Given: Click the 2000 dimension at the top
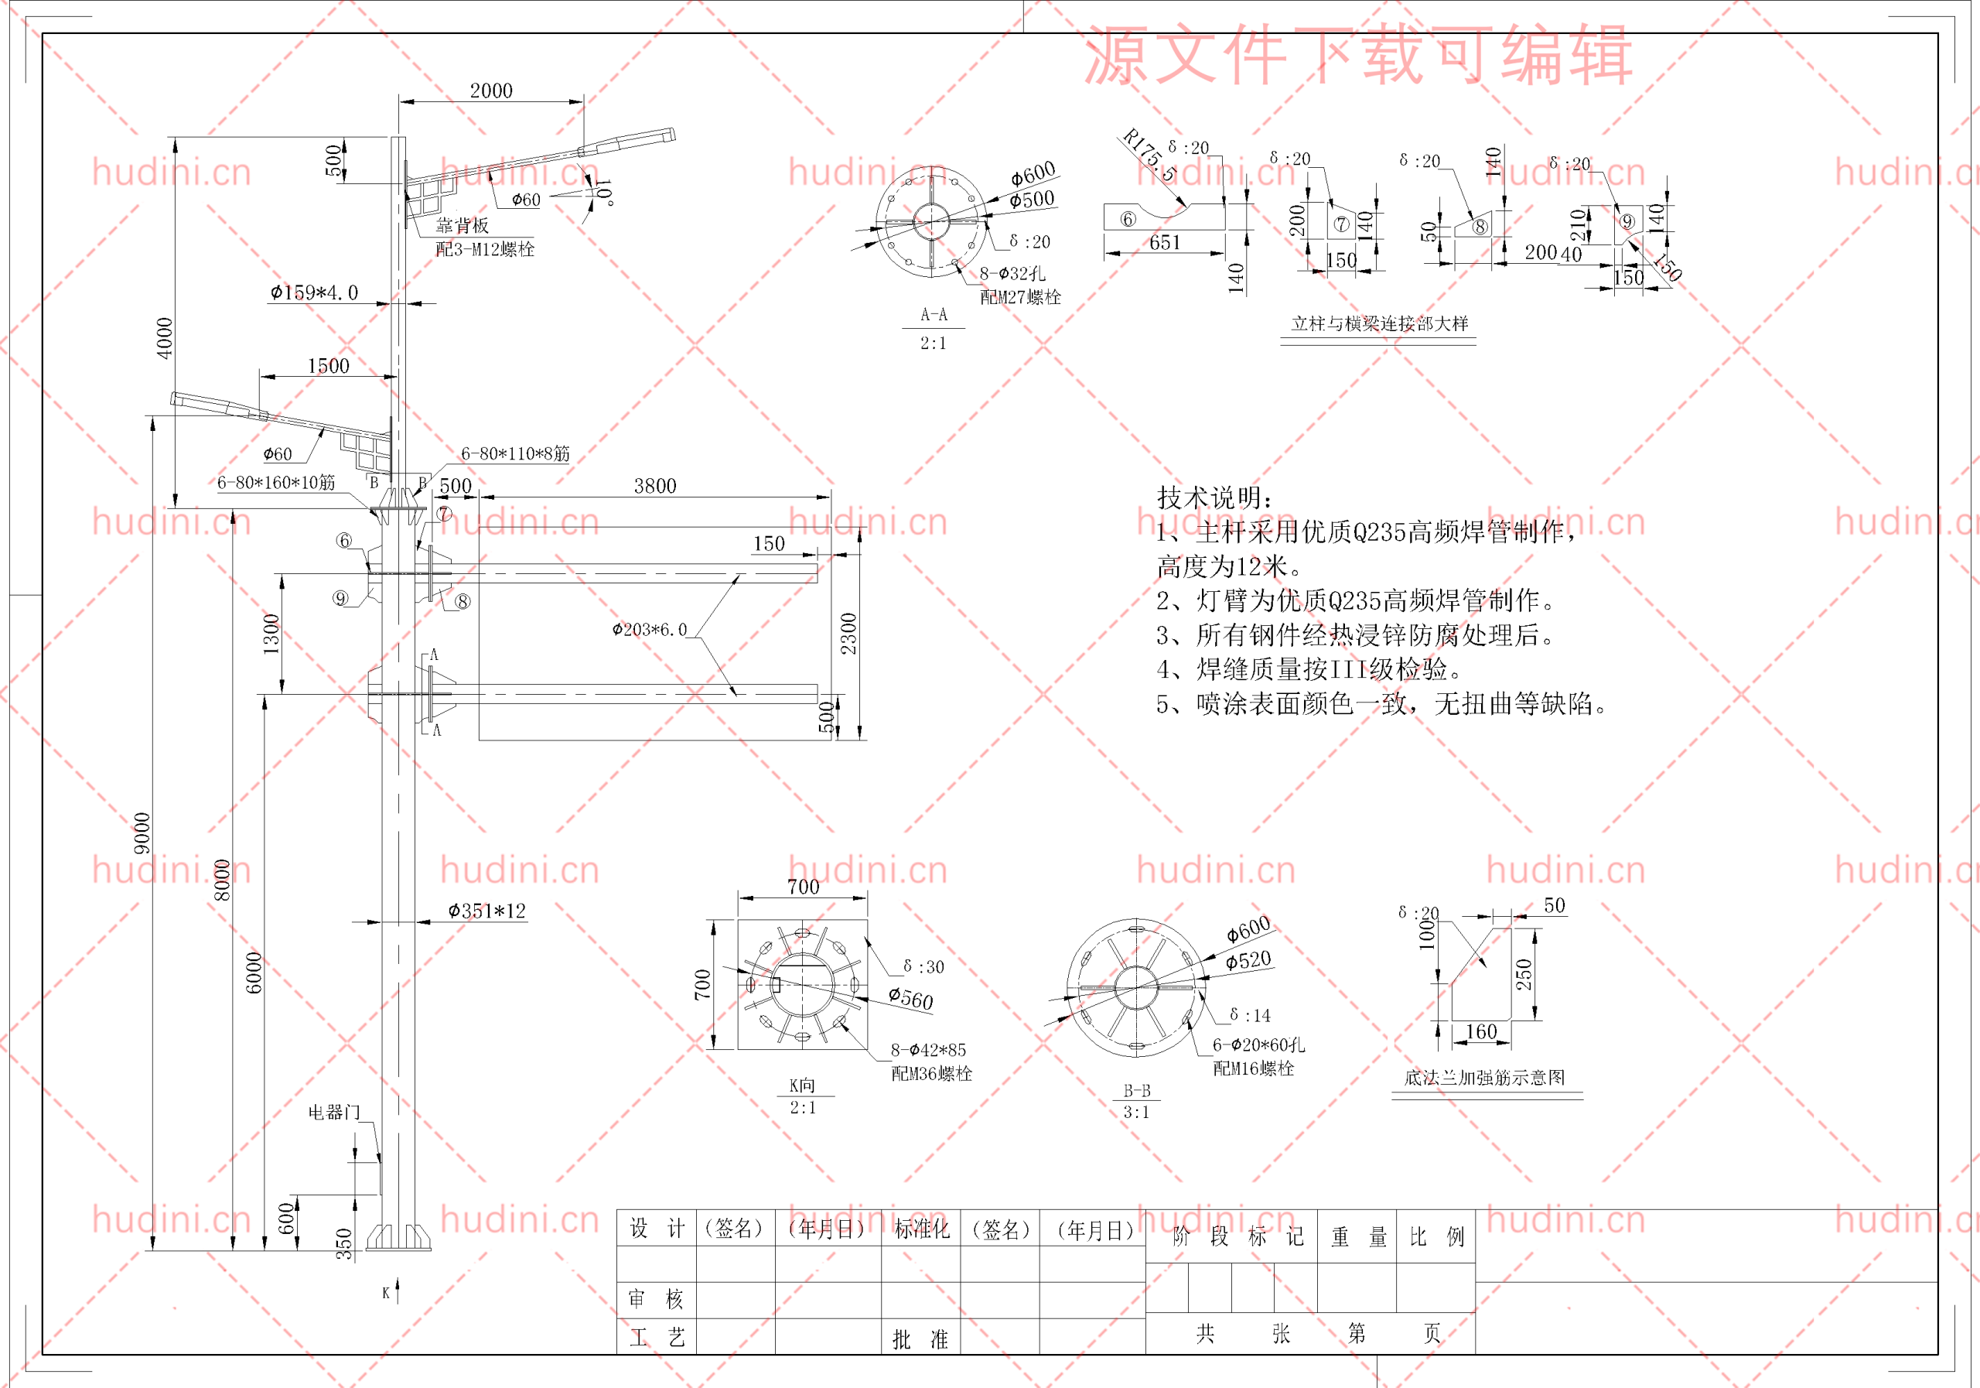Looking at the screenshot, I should click(490, 91).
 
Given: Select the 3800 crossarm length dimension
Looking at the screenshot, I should click(654, 486).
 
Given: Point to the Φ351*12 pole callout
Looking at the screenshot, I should click(486, 911).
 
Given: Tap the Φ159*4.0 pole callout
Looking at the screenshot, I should click(314, 292).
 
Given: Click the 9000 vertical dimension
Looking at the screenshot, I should click(142, 832).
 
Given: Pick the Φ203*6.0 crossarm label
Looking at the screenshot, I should click(650, 630).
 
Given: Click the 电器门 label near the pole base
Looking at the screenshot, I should click(333, 1112).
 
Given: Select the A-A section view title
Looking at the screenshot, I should click(933, 315).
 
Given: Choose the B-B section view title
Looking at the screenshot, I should click(1137, 1091).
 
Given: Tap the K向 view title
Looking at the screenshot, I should click(802, 1085).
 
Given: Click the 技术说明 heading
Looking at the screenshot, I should click(1214, 497).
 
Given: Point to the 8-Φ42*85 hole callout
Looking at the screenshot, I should click(928, 1050).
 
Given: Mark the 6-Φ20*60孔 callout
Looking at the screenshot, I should click(1258, 1044).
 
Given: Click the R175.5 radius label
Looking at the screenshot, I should click(1149, 156).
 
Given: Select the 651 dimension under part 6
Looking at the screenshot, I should click(1164, 242).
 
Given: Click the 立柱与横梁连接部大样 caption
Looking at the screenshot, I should click(1379, 323).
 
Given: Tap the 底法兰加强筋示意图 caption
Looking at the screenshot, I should click(1484, 1078).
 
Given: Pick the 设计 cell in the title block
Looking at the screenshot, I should click(657, 1229).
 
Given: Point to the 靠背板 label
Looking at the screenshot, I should click(463, 225).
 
